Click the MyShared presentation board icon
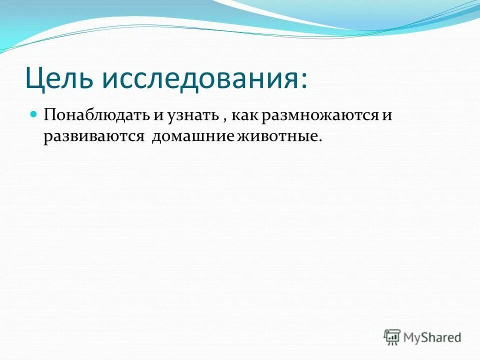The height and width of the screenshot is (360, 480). click(x=392, y=337)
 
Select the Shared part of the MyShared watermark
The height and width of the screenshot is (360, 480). click(x=442, y=337)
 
